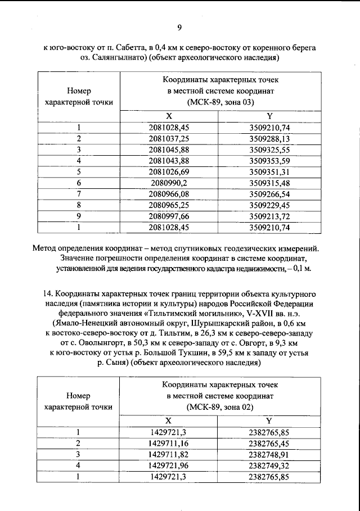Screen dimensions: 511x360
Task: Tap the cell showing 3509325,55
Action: click(269, 149)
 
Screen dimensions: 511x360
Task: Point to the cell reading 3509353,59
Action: click(269, 160)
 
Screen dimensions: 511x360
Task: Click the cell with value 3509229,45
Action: click(269, 205)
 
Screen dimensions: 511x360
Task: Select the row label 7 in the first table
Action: click(79, 194)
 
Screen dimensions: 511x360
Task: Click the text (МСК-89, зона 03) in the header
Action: click(220, 102)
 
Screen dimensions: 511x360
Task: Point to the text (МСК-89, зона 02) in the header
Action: click(220, 408)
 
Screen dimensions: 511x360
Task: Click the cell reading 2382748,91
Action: click(269, 454)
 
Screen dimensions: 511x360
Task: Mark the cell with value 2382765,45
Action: click(269, 444)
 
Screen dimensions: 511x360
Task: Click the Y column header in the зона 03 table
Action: click(269, 116)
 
